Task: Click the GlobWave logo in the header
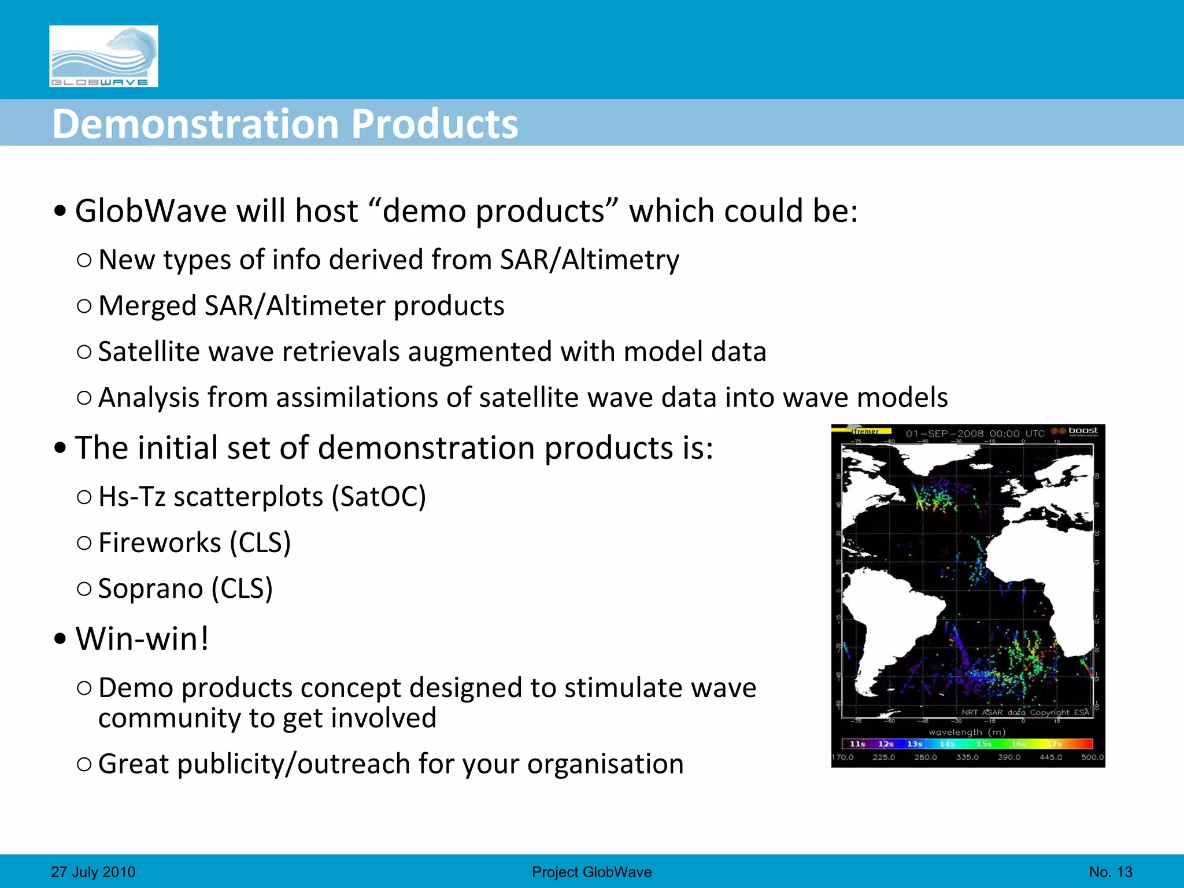tap(103, 56)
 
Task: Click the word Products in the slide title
tap(435, 124)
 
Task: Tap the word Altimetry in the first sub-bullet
tap(620, 260)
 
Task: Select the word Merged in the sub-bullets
tap(147, 306)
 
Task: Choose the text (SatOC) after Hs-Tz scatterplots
tap(379, 497)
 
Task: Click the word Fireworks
tap(160, 543)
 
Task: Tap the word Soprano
tap(150, 589)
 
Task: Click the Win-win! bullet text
tap(142, 639)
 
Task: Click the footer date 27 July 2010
tap(93, 872)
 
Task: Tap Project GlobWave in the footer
tap(591, 872)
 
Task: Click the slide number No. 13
tap(1111, 872)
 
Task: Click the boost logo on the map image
tap(1082, 431)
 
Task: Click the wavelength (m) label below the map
tap(967, 732)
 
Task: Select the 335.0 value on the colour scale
tap(967, 757)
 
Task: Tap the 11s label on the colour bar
tap(857, 744)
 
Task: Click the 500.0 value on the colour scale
tap(1092, 757)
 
